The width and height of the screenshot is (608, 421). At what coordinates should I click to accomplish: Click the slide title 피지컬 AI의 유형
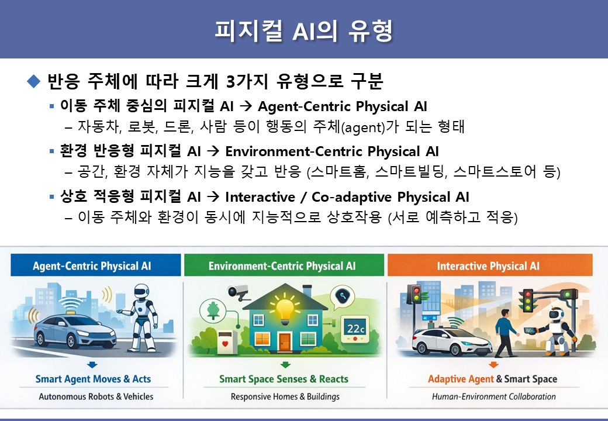click(x=303, y=30)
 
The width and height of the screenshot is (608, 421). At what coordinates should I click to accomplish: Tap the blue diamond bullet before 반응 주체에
click(x=34, y=81)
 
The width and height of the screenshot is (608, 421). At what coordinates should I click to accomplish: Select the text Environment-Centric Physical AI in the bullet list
click(x=332, y=151)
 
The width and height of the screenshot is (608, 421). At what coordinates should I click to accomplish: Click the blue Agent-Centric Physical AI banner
click(x=96, y=265)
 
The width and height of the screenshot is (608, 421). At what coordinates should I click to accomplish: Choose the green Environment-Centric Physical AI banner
click(x=284, y=265)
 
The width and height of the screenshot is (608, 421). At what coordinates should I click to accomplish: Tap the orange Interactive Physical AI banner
click(x=490, y=265)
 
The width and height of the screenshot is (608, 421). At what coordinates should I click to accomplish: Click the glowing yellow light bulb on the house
click(x=285, y=309)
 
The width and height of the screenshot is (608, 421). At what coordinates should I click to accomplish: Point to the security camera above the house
click(x=239, y=292)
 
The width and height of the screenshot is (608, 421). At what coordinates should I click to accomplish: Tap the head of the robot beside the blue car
click(x=141, y=291)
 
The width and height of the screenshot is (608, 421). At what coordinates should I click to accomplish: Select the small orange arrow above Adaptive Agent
click(x=493, y=365)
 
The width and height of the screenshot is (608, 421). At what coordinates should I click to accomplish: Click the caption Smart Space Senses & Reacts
click(x=284, y=379)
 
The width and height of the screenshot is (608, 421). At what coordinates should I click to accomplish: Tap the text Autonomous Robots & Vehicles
click(x=96, y=396)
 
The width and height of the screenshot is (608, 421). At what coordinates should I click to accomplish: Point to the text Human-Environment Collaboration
click(x=493, y=396)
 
